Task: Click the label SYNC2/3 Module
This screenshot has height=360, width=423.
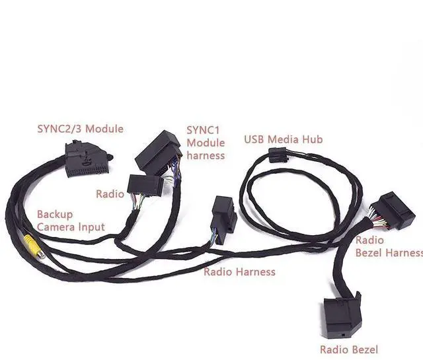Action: point(80,128)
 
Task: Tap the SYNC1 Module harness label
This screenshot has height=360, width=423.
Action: point(206,143)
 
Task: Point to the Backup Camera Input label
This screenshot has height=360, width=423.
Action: point(71,221)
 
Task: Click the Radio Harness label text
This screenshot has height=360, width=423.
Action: point(239,271)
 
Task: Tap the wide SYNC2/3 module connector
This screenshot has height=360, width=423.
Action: point(87,161)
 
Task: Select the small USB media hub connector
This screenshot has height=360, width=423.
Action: point(278,156)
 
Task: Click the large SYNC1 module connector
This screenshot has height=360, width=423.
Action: point(158,153)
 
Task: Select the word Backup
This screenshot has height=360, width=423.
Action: point(55,215)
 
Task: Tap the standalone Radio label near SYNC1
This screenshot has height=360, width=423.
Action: point(110,194)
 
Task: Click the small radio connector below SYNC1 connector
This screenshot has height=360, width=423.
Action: point(145,186)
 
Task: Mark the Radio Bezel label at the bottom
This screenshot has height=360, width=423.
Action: point(349,349)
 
